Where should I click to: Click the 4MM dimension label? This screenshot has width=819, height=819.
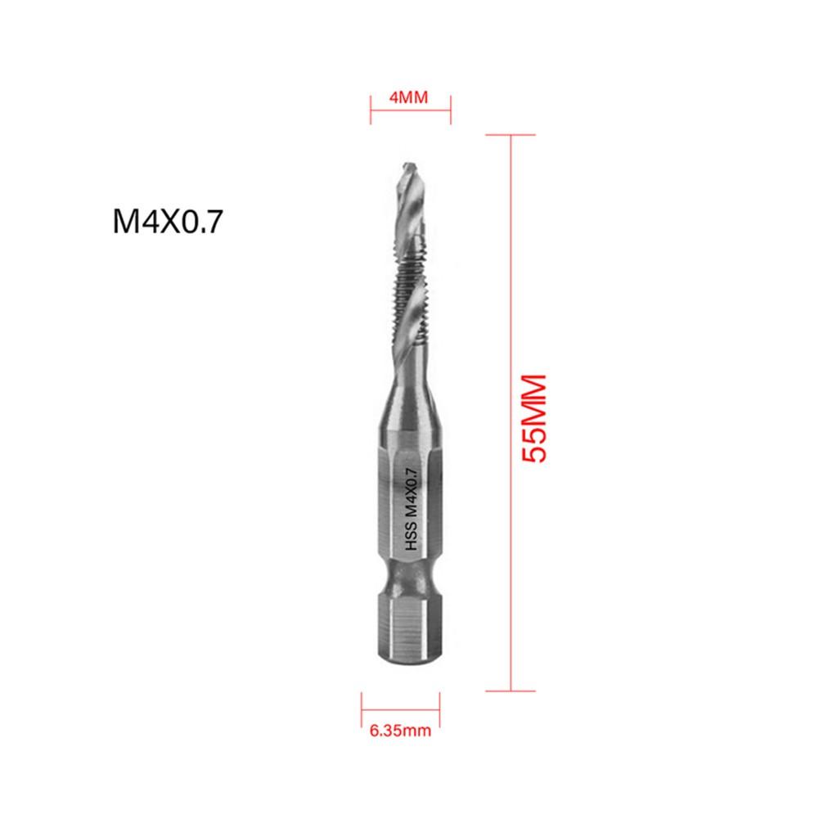410,97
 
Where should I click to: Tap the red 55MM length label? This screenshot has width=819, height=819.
533,419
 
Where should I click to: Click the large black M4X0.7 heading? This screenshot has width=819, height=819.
168,223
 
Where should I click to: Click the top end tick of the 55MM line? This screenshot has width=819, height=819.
511,134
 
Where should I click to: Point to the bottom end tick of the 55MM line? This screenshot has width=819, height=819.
511,690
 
